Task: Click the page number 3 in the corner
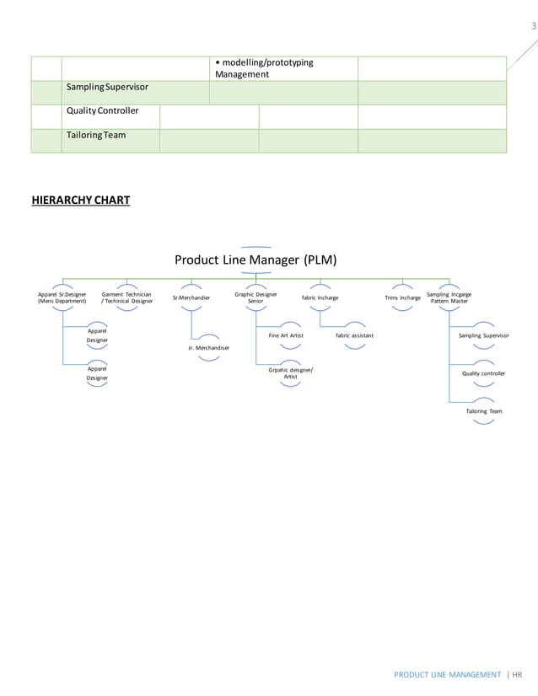[x=532, y=26]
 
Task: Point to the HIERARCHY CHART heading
[x=81, y=201]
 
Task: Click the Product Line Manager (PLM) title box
[x=256, y=260]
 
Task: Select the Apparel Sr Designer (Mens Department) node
[x=62, y=297]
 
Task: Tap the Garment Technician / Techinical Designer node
[x=126, y=297]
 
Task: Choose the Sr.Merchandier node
[x=191, y=297]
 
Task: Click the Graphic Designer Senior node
[x=256, y=297]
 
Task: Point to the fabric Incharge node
[x=320, y=297]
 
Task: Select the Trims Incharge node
[x=402, y=297]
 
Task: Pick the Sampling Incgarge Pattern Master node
[x=449, y=297]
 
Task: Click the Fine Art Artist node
[x=286, y=335]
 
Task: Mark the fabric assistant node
[x=355, y=335]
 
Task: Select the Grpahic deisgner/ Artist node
[x=290, y=372]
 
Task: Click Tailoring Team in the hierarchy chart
[x=484, y=411]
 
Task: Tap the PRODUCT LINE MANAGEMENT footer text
[x=446, y=674]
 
